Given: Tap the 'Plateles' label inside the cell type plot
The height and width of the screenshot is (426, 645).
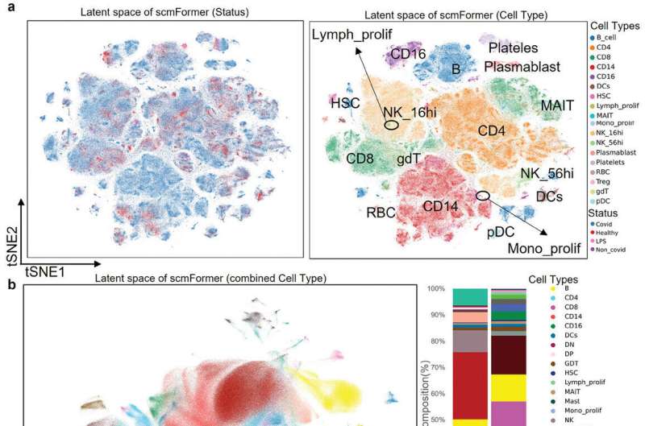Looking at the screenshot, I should click(515, 48).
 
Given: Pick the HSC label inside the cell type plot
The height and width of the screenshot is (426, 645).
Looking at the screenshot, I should click(345, 103).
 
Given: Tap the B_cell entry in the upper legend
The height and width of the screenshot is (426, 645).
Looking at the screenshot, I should click(605, 37).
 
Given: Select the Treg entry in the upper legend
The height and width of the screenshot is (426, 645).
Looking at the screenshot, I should click(601, 182).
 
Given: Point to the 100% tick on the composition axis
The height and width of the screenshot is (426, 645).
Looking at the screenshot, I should click(435, 288).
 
